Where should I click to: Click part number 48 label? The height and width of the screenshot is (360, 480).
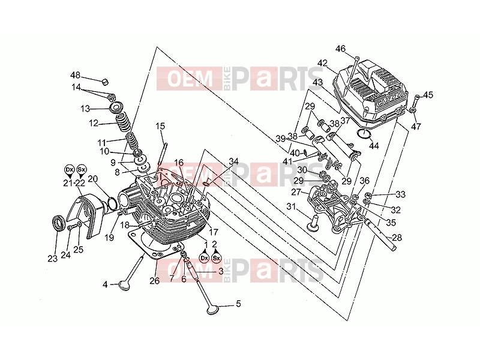click(x=76, y=75)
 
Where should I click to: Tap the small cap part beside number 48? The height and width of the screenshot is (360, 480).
click(x=106, y=82)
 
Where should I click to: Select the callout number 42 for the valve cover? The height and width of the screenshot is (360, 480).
click(x=322, y=63)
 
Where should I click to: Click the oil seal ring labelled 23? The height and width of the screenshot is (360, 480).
click(x=58, y=223)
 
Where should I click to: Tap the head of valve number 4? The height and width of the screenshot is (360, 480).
click(x=124, y=286)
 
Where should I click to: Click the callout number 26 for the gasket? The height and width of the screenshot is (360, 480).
click(x=155, y=280)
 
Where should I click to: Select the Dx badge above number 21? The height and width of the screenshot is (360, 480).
click(x=70, y=169)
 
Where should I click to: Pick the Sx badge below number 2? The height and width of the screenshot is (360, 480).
click(x=217, y=258)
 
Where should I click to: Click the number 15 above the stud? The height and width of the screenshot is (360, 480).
click(x=160, y=126)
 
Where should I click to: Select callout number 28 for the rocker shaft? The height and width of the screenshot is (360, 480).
click(x=397, y=237)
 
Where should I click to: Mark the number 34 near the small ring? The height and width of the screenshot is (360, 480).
click(x=233, y=161)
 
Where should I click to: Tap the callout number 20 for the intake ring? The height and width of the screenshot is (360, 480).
click(x=93, y=179)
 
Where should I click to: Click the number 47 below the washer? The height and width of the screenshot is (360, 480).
click(x=416, y=126)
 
